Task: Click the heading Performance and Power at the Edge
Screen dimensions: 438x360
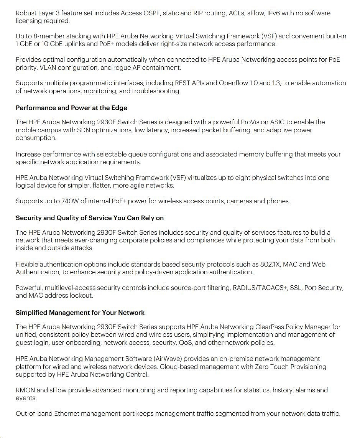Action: [71, 108]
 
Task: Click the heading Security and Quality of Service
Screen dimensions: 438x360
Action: [90, 218]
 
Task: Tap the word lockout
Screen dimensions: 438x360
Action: [81, 295]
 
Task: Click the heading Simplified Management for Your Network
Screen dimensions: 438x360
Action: [80, 313]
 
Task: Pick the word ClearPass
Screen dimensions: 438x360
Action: [270, 327]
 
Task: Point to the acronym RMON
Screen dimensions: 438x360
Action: [25, 390]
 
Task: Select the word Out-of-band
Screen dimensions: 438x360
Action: [34, 413]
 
